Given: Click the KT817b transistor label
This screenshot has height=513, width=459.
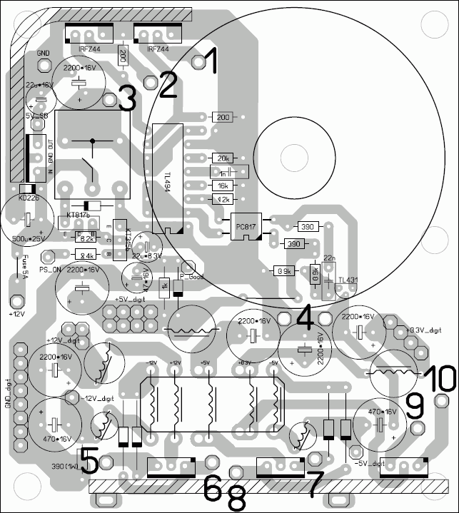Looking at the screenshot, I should tap(80, 215).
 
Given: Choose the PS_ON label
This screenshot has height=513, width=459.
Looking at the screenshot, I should tap(51, 270).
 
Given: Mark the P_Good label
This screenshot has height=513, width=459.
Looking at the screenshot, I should tap(191, 275).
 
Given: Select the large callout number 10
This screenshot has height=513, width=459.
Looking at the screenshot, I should tap(436, 378).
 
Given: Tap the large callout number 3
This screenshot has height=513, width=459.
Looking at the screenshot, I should tap(127, 98).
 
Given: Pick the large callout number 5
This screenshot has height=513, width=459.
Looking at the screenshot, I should tap(90, 460).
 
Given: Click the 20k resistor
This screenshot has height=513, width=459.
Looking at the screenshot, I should tap(223, 158).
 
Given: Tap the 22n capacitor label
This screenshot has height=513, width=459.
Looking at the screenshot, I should tap(329, 258).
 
